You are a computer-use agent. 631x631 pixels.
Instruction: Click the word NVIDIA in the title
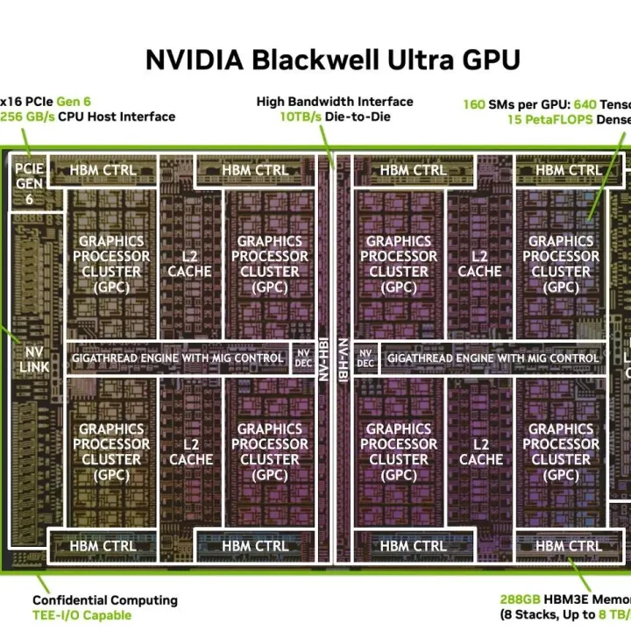click(194, 60)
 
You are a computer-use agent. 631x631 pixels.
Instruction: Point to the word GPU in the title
click(493, 60)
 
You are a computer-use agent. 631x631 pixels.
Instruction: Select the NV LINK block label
click(34, 358)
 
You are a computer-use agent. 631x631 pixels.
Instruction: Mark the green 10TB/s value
click(301, 117)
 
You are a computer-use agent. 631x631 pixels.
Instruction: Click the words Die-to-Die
click(357, 117)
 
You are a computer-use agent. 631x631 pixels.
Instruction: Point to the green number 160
click(474, 104)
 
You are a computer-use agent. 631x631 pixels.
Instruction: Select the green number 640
click(585, 104)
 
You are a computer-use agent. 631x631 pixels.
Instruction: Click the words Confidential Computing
click(104, 600)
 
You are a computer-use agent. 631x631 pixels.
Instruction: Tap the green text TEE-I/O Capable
click(82, 615)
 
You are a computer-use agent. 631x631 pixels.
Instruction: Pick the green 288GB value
click(521, 600)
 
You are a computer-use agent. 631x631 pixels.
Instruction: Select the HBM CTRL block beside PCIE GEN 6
click(103, 170)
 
